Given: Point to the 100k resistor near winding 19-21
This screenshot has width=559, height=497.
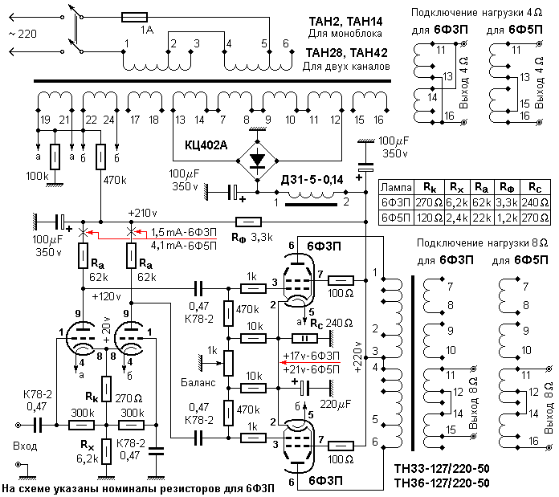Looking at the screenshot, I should click(55, 157).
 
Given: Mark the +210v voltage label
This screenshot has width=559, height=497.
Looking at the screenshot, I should click(142, 213).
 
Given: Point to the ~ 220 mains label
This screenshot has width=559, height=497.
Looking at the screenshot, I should click(21, 35).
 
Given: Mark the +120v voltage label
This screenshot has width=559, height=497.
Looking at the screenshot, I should click(109, 295).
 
